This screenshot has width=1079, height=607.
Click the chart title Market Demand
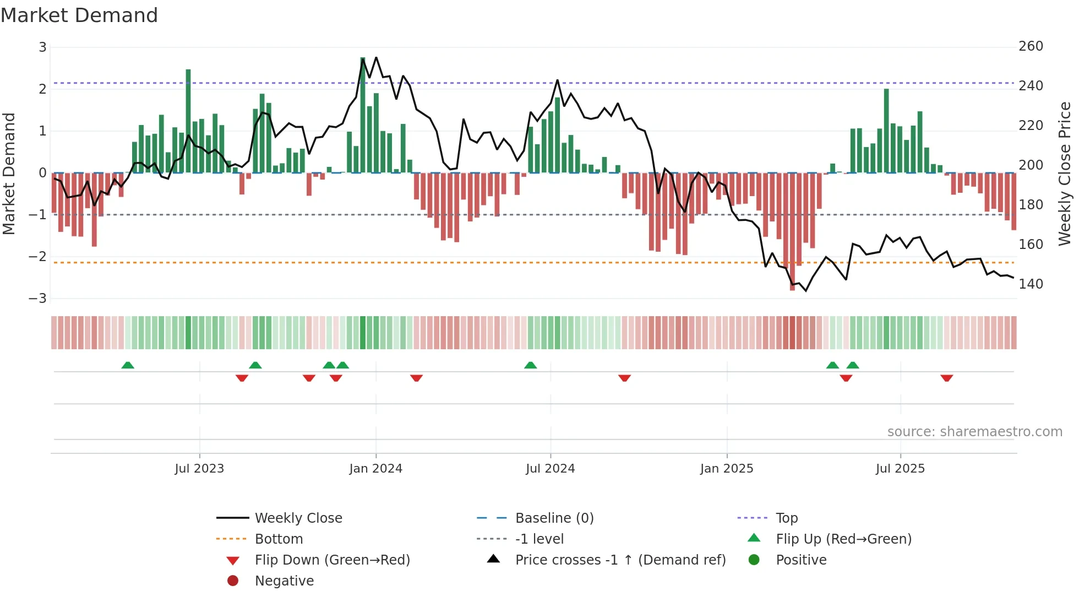pos(79,15)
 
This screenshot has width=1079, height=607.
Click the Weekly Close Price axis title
pos(1065,174)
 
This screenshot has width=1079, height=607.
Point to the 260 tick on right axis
pos(1031,46)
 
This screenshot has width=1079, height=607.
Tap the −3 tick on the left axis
pos(38,299)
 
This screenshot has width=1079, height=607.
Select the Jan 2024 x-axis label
pos(376,469)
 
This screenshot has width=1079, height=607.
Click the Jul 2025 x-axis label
pos(900,469)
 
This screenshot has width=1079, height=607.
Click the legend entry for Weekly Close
pos(298,518)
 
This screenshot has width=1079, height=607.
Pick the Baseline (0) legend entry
pos(554,518)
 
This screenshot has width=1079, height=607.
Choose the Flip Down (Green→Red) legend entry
pos(332,560)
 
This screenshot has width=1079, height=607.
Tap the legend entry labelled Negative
pos(284,581)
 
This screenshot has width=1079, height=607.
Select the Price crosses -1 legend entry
pos(620,560)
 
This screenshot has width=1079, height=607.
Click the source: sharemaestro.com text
pos(974,432)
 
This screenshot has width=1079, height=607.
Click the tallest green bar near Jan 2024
pos(363,116)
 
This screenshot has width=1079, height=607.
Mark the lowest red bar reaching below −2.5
pos(792,231)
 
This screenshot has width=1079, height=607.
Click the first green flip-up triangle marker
pos(128,365)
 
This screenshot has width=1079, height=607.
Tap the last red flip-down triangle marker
pos(946,378)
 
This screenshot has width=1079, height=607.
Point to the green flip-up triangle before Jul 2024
pos(530,365)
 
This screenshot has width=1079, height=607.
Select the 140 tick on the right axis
pos(1031,284)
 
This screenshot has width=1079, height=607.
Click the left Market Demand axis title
pos(9,174)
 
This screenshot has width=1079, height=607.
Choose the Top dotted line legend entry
pos(786,518)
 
